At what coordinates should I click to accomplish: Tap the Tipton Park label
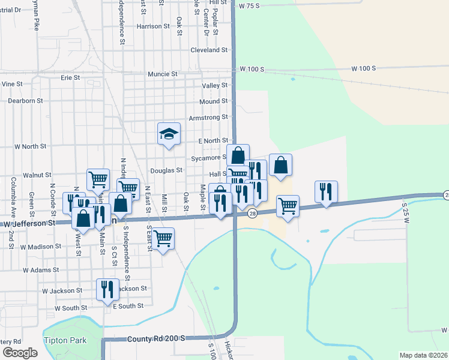pos(65,340)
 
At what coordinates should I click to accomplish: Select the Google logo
pos(20,353)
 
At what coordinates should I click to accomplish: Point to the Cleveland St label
pos(209,50)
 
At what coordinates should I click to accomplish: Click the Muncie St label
pos(163,74)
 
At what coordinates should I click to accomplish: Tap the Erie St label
pos(70,77)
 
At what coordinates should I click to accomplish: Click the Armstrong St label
pos(208,117)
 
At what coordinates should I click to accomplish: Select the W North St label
pos(30,146)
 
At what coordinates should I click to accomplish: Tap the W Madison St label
pos(41,247)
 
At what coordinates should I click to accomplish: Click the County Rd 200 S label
pos(155,339)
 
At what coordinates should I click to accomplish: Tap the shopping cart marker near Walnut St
pos(98,179)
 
